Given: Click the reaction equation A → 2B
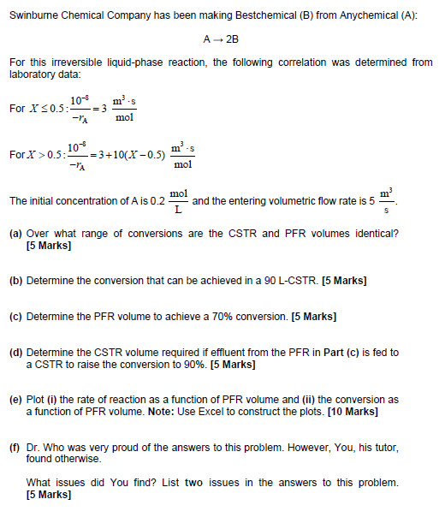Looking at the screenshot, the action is point(221,40).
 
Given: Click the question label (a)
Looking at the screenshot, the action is point(15,234).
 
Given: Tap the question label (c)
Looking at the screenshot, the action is point(15,317).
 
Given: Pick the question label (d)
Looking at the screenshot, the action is point(15,352).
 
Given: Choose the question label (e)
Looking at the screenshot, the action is point(15,400).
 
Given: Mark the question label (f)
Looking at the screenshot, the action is point(15,447).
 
